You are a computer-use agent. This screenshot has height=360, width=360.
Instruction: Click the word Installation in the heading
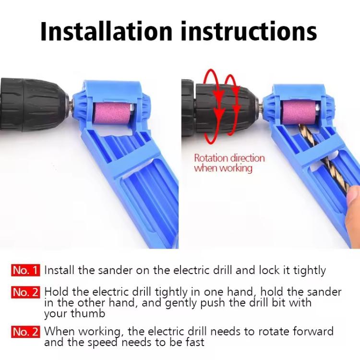click(106, 31)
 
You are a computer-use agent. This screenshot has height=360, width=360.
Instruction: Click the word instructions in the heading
click(249, 31)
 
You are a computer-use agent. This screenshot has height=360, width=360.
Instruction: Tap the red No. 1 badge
click(25, 270)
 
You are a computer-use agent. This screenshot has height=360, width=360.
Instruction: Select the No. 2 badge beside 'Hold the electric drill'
click(25, 292)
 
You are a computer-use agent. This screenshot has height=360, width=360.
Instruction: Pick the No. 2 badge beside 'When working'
click(25, 332)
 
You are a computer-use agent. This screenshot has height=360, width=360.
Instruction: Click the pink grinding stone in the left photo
click(111, 113)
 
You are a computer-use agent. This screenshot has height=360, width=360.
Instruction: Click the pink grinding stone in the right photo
click(299, 112)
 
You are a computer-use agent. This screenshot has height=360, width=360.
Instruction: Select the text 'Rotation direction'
click(229, 158)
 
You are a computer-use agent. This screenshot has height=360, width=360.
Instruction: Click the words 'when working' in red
click(223, 168)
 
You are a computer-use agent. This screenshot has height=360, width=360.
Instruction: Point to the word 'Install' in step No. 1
click(60, 270)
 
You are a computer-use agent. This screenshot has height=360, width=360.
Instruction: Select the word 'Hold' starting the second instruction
click(56, 292)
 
